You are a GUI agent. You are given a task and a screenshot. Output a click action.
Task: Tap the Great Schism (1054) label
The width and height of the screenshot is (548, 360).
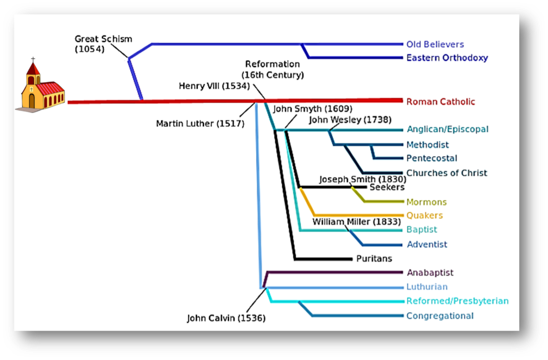(103, 44)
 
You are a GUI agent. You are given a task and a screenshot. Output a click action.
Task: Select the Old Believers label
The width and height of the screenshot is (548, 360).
(435, 45)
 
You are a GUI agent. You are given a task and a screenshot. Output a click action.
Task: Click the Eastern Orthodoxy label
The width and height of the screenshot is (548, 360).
(447, 58)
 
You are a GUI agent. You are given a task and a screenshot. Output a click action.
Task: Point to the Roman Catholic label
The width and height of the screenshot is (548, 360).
(441, 102)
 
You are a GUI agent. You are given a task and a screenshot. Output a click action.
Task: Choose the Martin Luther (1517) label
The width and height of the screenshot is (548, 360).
(200, 123)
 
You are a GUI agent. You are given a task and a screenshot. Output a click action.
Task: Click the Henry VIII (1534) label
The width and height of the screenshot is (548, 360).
(214, 86)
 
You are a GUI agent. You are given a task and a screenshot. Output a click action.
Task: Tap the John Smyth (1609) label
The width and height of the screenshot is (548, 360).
(313, 109)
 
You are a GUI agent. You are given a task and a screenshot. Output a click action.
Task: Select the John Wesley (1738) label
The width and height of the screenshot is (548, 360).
(350, 119)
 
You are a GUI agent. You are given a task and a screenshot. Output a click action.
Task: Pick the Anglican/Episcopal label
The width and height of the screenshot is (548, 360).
(447, 129)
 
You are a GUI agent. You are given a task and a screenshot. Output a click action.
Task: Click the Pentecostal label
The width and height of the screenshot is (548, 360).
(431, 158)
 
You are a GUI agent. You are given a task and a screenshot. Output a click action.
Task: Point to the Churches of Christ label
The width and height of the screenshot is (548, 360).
(447, 173)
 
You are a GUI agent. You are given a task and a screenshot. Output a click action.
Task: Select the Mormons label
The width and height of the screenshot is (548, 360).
(426, 202)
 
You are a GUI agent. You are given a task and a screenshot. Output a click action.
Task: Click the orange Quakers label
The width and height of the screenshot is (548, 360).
(424, 216)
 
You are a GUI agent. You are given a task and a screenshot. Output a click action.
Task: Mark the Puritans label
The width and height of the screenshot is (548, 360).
(374, 258)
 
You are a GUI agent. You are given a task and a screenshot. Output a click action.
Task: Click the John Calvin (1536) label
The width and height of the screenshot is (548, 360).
(226, 318)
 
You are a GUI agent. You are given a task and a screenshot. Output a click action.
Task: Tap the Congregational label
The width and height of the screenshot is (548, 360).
(440, 316)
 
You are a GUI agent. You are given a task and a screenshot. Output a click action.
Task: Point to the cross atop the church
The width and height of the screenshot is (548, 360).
(32, 60)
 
